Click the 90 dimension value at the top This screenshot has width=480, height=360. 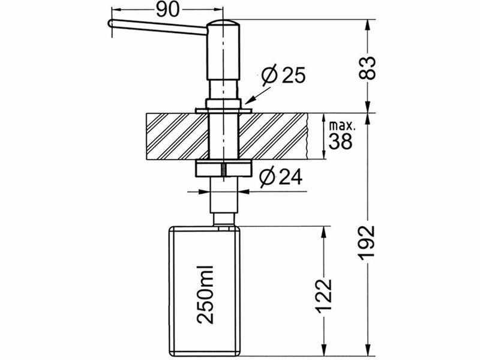167,10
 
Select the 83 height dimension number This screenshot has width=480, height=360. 367,68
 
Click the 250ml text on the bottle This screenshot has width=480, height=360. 205,294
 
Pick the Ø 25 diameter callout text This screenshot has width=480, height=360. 283,74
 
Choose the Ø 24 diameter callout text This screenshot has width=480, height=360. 281,177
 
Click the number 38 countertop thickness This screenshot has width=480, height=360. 340,141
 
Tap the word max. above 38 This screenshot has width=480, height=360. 342,125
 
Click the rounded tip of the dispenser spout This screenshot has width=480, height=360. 110,23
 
